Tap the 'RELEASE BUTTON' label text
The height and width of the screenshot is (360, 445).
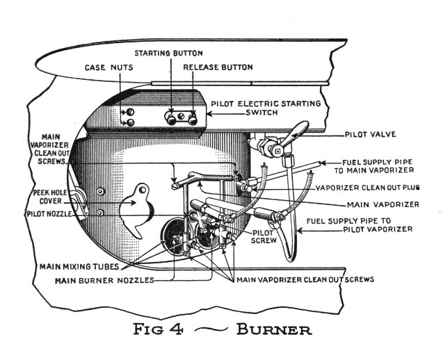(x=217, y=68)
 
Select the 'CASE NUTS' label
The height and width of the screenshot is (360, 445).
(x=109, y=68)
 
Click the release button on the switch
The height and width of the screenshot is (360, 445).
(x=192, y=120)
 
